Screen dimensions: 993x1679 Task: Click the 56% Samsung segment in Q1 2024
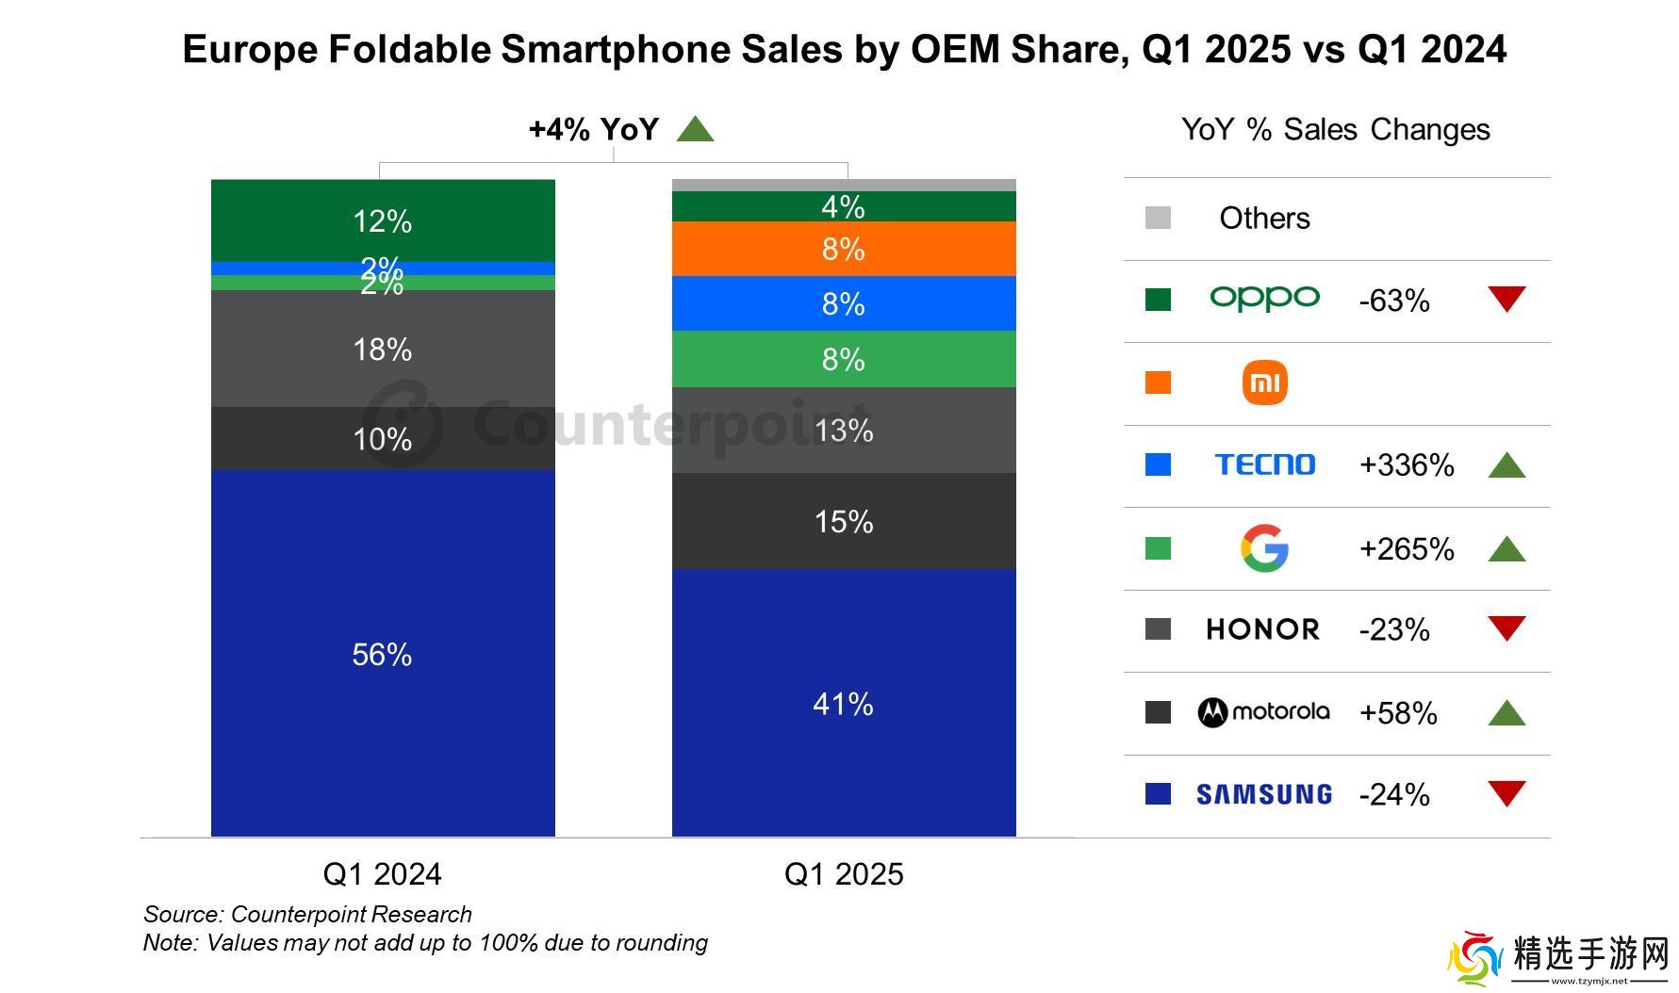point(382,654)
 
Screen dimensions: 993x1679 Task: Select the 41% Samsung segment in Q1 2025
point(843,703)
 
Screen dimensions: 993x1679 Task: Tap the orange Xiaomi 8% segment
point(843,249)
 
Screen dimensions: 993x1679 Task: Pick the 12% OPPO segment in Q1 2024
point(382,221)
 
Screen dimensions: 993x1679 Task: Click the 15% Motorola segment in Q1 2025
point(843,521)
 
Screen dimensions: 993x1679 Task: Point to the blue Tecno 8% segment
point(843,303)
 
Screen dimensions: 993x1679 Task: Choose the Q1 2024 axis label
point(382,873)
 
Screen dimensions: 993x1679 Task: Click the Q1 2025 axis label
point(843,873)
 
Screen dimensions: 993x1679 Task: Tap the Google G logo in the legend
point(1263,548)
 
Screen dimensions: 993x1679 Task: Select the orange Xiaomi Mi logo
point(1264,383)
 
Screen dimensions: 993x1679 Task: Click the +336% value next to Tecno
point(1406,465)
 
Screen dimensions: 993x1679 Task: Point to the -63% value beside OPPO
point(1394,301)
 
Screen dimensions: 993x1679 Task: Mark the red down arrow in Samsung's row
point(1506,793)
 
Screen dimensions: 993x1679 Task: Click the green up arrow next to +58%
point(1506,713)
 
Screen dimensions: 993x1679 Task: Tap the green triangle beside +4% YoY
point(695,129)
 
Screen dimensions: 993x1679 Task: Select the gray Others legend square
point(1158,218)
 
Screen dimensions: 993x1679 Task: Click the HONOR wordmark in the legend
point(1262,629)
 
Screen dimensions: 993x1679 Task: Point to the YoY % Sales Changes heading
point(1335,129)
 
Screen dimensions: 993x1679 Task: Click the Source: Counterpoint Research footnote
point(307,914)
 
